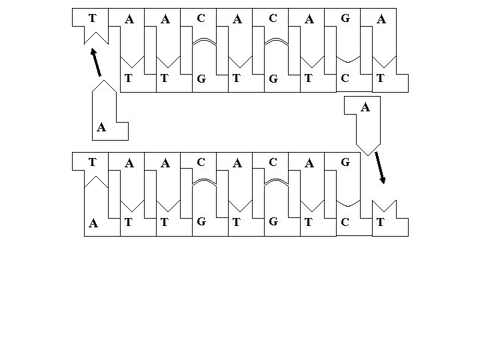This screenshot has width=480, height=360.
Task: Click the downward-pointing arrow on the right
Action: coord(381,167)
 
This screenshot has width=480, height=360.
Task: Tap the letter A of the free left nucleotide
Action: coord(100,127)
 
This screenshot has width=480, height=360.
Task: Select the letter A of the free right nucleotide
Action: coord(365,107)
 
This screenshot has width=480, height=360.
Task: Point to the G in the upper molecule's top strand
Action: coord(345,19)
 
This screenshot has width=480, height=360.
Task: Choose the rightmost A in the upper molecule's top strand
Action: coord(381,20)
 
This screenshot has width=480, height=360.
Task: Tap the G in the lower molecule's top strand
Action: coord(345,161)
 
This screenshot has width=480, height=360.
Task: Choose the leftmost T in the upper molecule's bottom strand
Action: coord(129,77)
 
